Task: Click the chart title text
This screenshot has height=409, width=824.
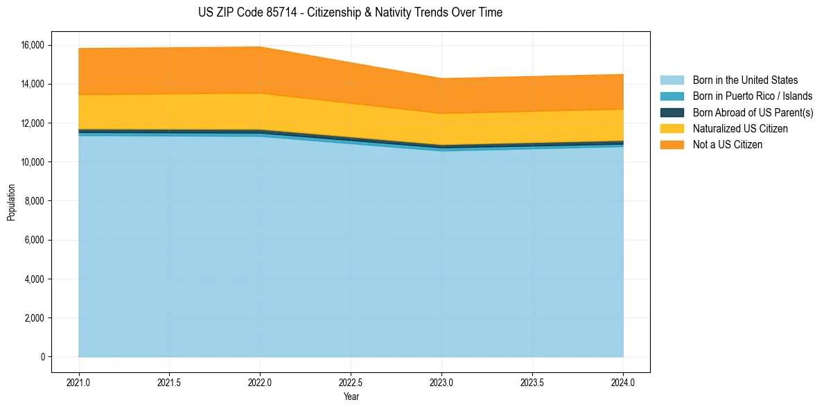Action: pos(350,12)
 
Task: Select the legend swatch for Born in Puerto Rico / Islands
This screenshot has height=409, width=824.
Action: pos(672,96)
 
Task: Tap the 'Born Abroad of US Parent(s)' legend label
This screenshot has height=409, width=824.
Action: pos(753,112)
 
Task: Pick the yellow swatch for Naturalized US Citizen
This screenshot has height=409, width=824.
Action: pos(672,129)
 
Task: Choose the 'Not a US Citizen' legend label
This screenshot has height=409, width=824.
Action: pos(727,145)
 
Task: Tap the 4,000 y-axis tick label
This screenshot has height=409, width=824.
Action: pos(34,279)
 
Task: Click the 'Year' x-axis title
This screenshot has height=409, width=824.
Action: pos(351,397)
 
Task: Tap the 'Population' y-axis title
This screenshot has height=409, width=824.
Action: pos(11,202)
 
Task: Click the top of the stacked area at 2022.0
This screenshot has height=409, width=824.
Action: pos(260,47)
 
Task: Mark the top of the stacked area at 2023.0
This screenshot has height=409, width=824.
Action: pos(441,78)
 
